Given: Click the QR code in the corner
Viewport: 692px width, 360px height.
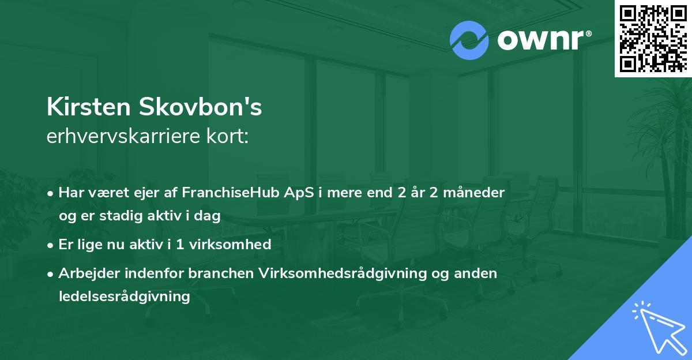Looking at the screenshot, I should coord(653,38).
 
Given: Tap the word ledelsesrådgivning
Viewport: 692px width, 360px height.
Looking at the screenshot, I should coord(124,297).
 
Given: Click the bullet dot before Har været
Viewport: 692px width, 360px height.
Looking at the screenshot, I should coord(51,193).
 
